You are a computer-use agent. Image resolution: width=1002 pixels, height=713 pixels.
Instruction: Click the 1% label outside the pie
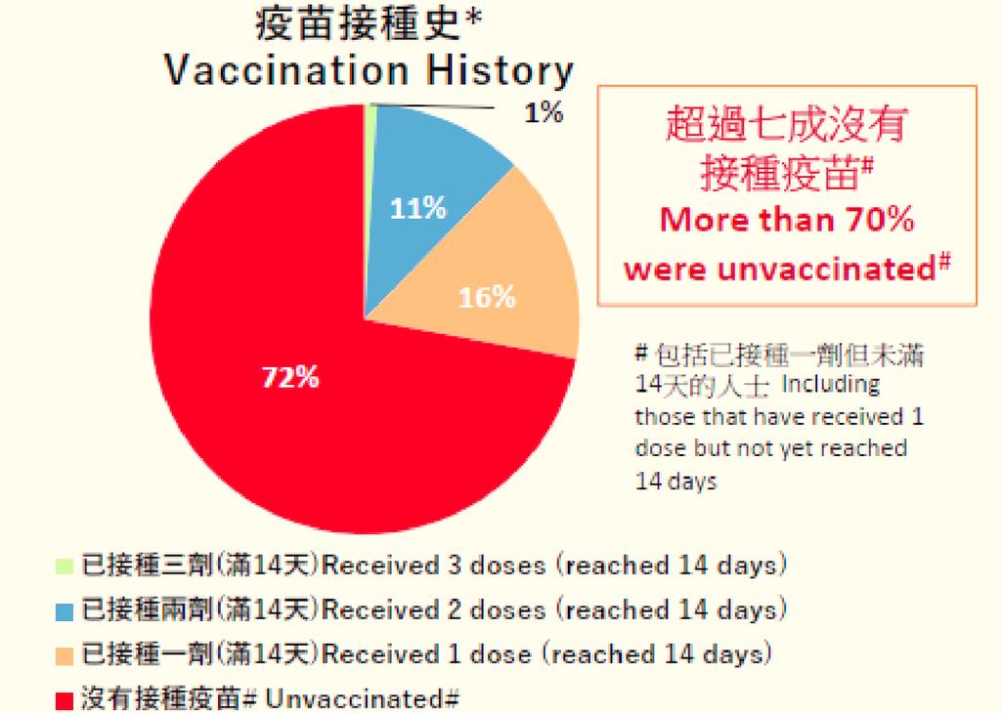tap(544, 113)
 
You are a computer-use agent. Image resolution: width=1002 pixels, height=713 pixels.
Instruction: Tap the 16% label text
tap(487, 297)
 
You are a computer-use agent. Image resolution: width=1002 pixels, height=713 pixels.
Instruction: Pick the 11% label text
tap(418, 208)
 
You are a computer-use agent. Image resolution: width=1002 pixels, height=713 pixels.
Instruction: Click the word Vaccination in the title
tap(285, 70)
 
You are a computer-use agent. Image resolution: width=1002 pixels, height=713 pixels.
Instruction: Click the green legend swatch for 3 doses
tap(65, 566)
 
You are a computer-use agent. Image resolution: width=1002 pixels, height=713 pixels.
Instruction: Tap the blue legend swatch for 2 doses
tap(65, 611)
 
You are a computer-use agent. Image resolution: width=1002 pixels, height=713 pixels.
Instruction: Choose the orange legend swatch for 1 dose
tap(65, 655)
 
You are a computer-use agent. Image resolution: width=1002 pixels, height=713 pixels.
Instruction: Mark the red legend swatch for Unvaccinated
tap(65, 700)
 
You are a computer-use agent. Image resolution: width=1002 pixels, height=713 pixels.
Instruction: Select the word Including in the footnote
tap(830, 384)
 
